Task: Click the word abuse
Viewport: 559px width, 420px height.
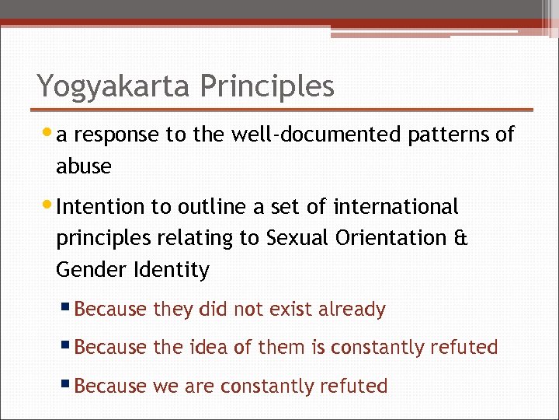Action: (x=84, y=166)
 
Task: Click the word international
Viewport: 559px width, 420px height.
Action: (x=396, y=207)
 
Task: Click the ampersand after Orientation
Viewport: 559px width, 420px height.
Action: (x=460, y=239)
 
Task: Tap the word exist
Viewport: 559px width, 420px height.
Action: (x=293, y=310)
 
